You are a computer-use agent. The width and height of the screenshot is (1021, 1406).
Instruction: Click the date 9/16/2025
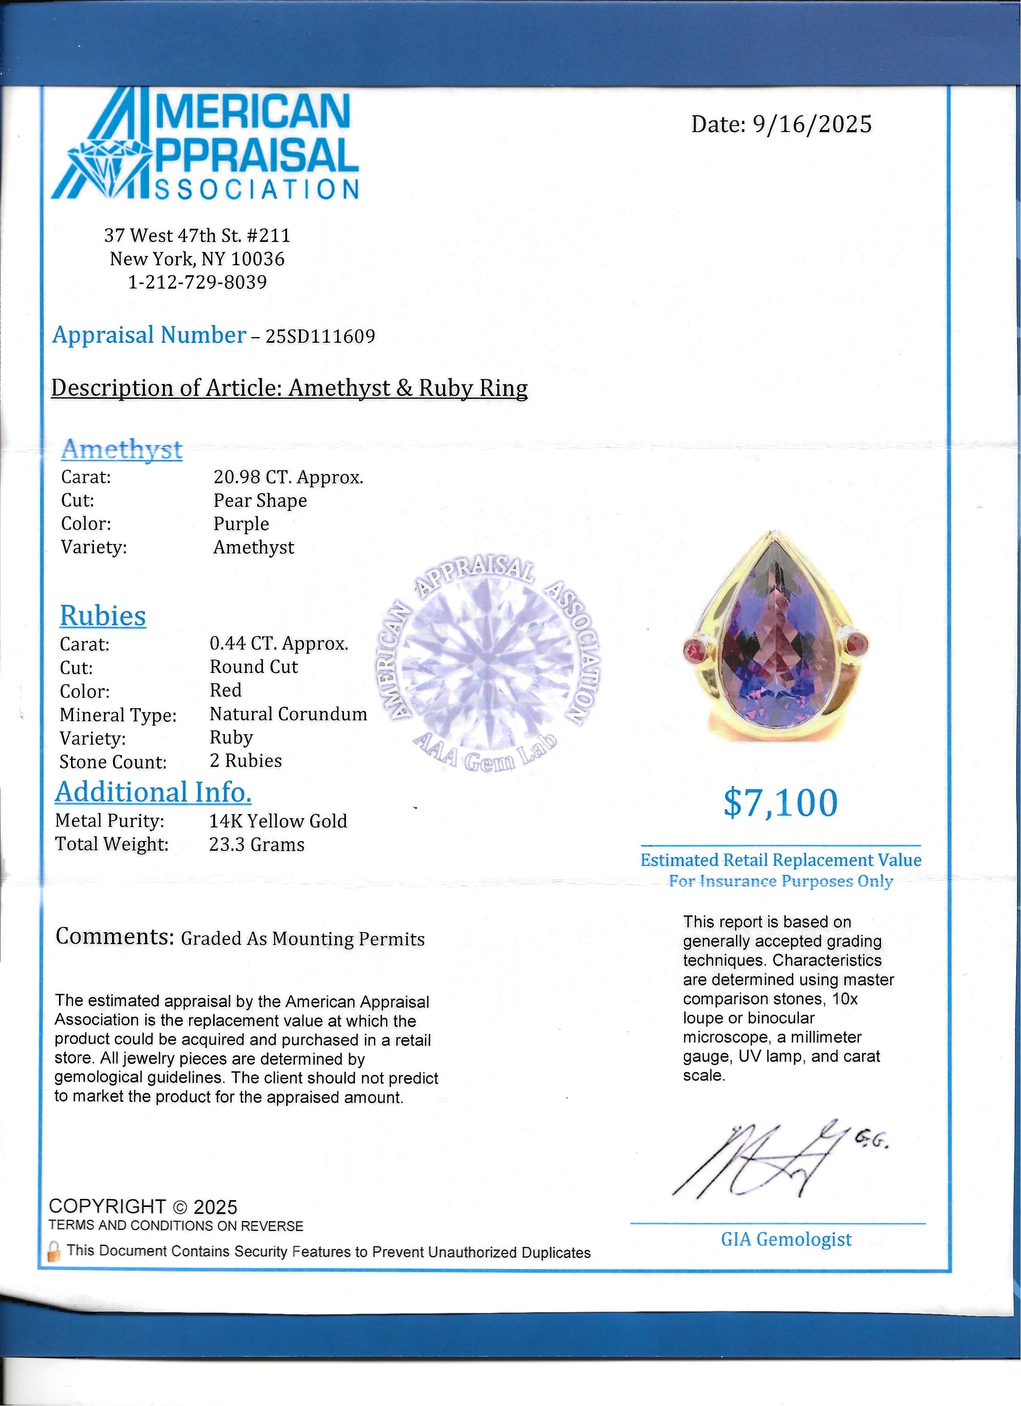click(x=812, y=125)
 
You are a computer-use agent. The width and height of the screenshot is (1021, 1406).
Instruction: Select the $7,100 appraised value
click(x=781, y=803)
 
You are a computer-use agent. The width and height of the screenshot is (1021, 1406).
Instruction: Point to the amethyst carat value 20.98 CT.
click(x=288, y=477)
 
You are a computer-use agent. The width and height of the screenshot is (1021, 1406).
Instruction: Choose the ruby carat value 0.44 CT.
click(x=279, y=644)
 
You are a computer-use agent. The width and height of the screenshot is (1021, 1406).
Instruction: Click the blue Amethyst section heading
click(x=122, y=449)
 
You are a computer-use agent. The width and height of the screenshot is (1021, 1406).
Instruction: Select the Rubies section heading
click(x=103, y=616)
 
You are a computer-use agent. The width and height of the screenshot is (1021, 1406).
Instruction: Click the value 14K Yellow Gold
click(x=278, y=821)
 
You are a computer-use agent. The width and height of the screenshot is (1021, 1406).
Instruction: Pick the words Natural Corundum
click(x=288, y=714)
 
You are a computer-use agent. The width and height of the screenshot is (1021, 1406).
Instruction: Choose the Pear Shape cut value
click(x=260, y=501)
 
